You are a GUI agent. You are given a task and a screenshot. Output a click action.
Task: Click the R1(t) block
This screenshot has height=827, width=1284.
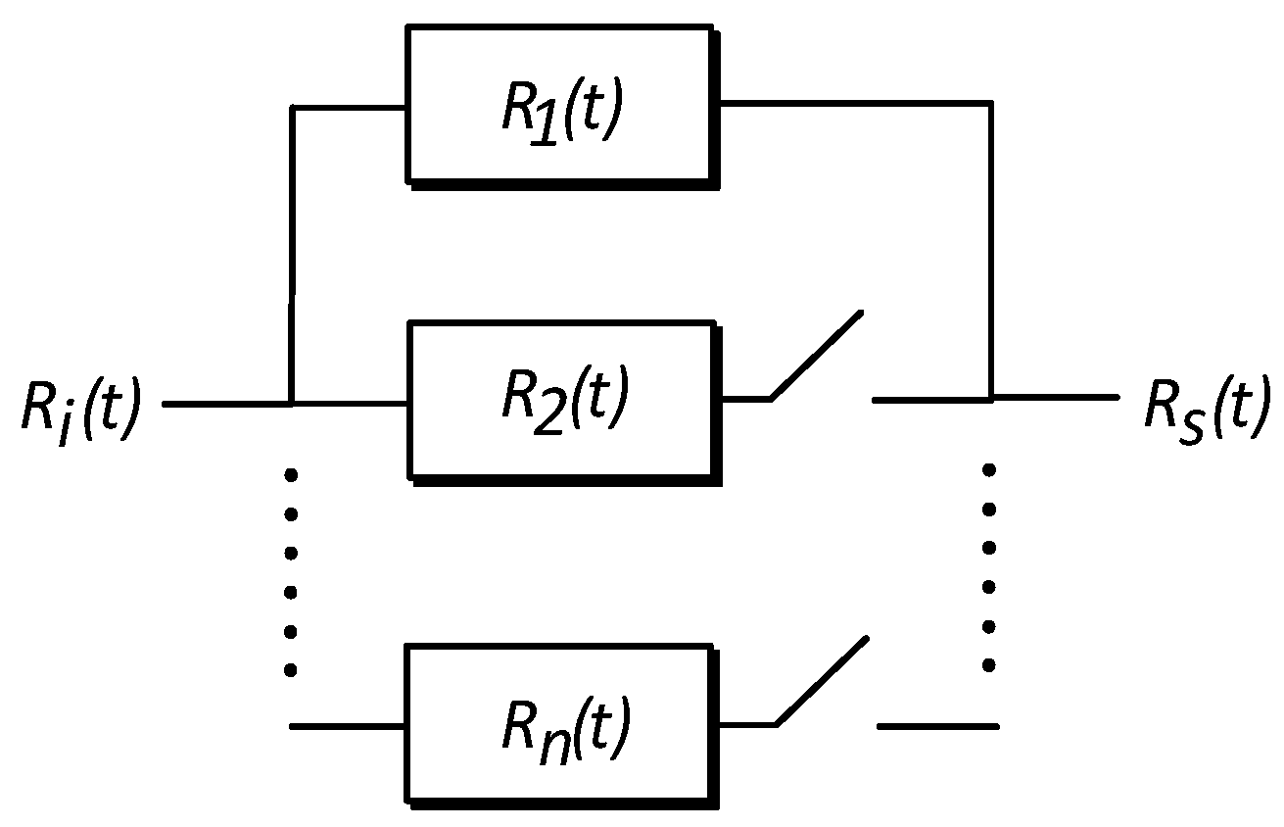click(x=559, y=104)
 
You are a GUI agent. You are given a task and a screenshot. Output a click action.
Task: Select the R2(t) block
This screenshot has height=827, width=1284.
click(x=563, y=399)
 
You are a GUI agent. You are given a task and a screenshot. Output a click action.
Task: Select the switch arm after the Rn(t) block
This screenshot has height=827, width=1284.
click(x=821, y=681)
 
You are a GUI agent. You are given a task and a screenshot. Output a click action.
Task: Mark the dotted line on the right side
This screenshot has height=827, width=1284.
click(x=989, y=568)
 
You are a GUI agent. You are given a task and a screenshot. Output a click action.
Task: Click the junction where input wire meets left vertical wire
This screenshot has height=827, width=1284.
click(x=291, y=403)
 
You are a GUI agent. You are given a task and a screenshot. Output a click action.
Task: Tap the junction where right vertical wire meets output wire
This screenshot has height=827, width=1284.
click(x=991, y=398)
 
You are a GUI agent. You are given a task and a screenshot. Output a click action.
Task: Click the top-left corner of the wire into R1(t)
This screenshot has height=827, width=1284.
click(x=292, y=107)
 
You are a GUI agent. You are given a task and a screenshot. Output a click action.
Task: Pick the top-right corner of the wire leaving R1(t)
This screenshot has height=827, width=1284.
click(x=991, y=101)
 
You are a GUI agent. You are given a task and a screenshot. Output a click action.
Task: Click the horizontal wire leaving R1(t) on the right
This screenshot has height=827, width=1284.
click(x=852, y=101)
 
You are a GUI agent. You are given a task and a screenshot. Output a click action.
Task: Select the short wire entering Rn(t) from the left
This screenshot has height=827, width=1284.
click(x=348, y=726)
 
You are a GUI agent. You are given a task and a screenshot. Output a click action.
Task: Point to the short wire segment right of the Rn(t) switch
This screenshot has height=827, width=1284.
click(x=937, y=726)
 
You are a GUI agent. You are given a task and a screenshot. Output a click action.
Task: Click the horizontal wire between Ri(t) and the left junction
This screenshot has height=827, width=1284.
click(x=225, y=403)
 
